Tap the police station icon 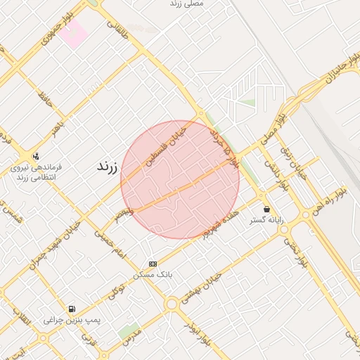36,156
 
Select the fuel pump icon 72,309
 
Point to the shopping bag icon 267,209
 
